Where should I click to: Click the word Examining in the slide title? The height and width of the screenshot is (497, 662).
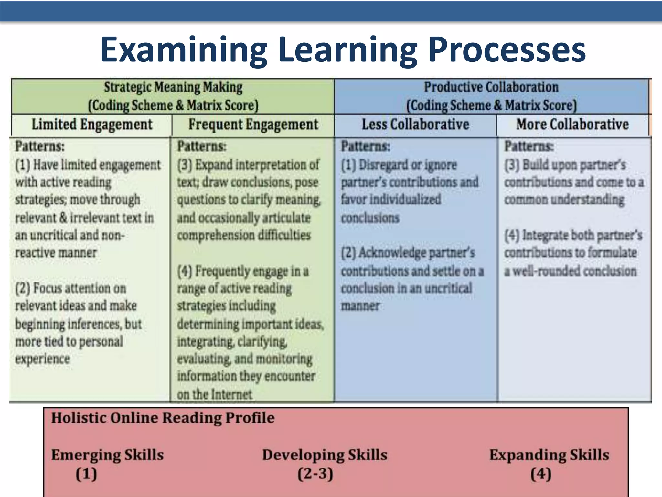(x=184, y=50)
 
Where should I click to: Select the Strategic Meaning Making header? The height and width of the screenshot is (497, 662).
(x=173, y=87)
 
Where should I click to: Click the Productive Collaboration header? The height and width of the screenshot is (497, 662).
(x=491, y=87)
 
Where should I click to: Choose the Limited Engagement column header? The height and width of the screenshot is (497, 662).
(x=92, y=125)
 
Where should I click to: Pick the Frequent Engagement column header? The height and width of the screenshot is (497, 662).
(x=253, y=125)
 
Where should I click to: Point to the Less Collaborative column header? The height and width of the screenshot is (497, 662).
(x=415, y=125)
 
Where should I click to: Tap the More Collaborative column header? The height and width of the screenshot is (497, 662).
(x=572, y=125)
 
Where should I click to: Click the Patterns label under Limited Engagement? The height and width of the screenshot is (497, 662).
(x=40, y=147)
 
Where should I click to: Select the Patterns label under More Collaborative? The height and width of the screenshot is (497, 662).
(x=529, y=147)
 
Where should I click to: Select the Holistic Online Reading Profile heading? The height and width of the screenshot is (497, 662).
(x=163, y=418)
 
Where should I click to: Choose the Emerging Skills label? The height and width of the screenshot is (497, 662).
(x=107, y=455)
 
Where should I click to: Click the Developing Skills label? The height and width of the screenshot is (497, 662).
(x=325, y=455)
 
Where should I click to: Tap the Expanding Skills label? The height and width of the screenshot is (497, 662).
(x=549, y=455)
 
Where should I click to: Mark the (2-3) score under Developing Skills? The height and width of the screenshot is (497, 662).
(x=315, y=474)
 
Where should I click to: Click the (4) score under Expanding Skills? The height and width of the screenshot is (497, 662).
(x=540, y=474)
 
